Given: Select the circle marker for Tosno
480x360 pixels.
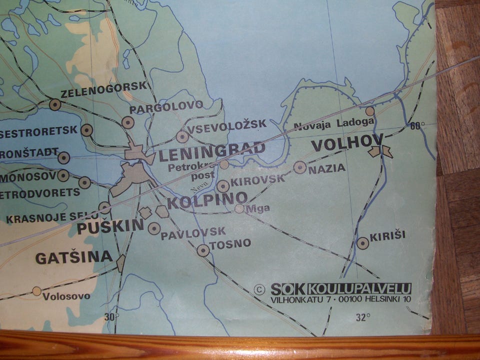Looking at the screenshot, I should [x=203, y=250].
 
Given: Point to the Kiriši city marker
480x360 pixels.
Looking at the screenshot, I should [x=363, y=243].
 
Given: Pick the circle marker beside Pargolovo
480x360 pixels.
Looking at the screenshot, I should [x=128, y=122].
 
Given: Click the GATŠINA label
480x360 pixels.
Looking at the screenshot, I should [x=73, y=257].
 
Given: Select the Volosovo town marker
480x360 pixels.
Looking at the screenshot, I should [x=36, y=290].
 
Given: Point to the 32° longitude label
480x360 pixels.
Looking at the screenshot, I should [x=363, y=317].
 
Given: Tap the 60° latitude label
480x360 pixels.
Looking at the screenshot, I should [x=417, y=125].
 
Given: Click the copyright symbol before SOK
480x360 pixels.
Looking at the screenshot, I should [x=259, y=289].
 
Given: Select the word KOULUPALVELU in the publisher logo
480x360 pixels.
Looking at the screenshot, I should [x=359, y=288].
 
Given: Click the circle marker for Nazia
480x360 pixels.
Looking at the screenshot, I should [x=299, y=167].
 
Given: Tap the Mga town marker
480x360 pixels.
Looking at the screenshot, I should [x=239, y=208].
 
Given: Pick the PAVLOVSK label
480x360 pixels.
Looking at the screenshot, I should [x=193, y=231].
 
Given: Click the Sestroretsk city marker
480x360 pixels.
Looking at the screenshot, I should [x=87, y=130].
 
